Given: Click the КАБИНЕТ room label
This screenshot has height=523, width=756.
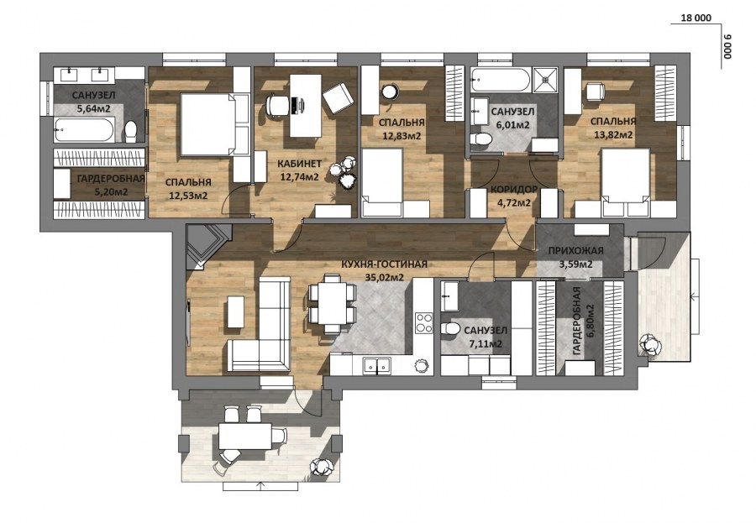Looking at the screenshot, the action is [299, 164].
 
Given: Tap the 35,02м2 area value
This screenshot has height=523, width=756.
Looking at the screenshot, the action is [384, 277].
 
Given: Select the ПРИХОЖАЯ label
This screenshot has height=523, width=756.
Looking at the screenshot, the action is [575, 251].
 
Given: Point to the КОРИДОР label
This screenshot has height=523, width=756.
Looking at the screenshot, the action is [514, 190].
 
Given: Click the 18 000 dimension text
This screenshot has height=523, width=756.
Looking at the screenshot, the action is [696, 18].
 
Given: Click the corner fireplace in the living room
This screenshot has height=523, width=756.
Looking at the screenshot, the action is [207, 245].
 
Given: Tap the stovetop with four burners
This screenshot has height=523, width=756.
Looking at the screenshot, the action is [424, 322].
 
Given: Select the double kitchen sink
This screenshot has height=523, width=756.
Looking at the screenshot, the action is [377, 366].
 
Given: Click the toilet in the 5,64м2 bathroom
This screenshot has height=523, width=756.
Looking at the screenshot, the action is [130, 131].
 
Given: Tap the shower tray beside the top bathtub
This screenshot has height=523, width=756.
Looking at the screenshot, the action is [545, 80].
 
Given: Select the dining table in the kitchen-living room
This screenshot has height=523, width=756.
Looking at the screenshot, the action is [331, 304].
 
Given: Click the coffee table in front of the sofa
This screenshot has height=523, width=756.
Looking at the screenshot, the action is [235, 311].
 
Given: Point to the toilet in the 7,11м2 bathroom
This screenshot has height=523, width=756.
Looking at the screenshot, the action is [450, 329].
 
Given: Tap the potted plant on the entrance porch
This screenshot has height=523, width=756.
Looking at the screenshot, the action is [650, 346].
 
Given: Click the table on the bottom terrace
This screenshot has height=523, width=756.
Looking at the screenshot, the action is [246, 436].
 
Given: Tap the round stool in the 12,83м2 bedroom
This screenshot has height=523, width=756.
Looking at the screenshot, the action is [390, 92].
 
